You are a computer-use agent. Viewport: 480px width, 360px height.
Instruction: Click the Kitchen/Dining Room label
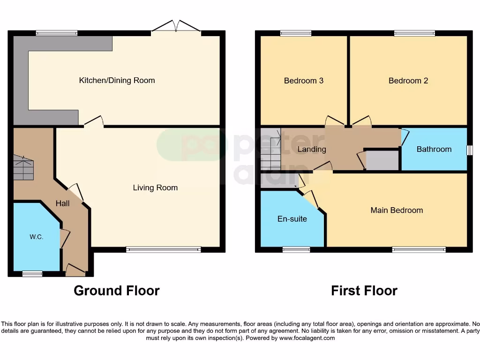pos(117,80)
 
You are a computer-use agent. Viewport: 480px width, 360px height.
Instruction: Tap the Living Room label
pos(155,187)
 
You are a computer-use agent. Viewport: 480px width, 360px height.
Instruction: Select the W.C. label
pos(37,237)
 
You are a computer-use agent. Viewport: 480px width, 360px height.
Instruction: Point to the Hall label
pos(62,203)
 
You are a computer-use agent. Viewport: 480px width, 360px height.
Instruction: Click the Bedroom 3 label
pos(303,81)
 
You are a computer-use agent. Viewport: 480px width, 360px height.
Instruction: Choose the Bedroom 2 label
pos(408,81)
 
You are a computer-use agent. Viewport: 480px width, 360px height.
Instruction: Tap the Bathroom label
pos(434,149)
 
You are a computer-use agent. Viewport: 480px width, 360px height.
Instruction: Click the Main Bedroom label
pos(397,210)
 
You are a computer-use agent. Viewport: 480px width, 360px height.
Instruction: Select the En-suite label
pos(292,218)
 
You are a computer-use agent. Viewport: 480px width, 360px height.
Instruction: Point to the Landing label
pos(312,150)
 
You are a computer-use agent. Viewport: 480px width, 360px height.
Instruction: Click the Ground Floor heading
pos(116,291)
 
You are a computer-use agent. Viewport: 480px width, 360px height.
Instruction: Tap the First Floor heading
pos(364,291)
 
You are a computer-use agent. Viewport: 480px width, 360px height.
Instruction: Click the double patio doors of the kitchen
pos(176,27)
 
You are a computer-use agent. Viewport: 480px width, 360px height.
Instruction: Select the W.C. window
pos(32,274)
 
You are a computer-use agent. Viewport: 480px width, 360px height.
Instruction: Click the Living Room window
pos(163,249)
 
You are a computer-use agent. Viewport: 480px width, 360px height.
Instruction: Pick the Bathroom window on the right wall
pos(469,150)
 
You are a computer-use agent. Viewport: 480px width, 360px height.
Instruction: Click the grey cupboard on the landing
pos(382,160)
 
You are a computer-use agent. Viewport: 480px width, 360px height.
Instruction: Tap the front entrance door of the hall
pos(75,270)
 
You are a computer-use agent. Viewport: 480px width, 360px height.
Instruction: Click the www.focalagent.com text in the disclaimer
pos(307,338)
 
